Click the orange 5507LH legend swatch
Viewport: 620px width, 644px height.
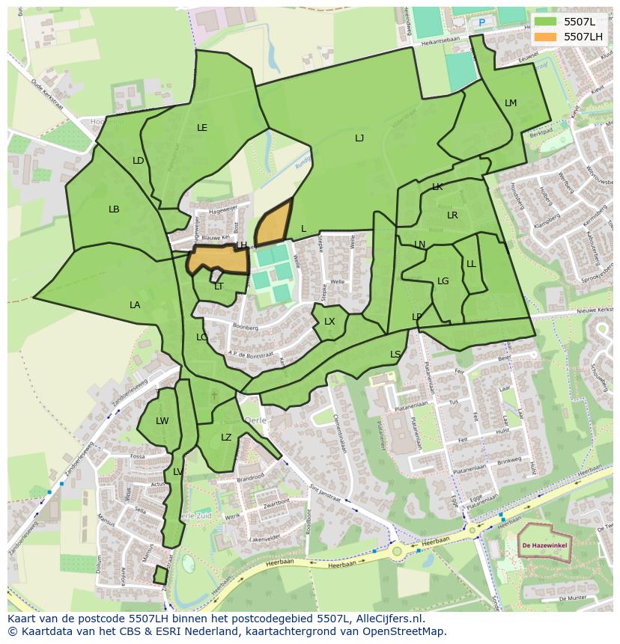(x=546, y=36)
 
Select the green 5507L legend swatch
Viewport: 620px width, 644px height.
(x=546, y=22)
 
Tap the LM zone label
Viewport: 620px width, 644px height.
(x=511, y=103)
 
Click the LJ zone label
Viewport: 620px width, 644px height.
(x=359, y=138)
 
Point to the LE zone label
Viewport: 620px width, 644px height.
(x=202, y=128)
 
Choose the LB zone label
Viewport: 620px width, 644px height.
(x=114, y=209)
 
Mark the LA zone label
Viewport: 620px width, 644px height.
(x=135, y=305)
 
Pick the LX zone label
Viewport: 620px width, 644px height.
(x=329, y=322)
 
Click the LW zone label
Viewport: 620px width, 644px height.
(x=162, y=421)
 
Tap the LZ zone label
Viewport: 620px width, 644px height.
(x=226, y=438)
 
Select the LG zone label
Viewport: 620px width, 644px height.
(x=443, y=281)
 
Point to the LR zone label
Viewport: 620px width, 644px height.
(x=452, y=215)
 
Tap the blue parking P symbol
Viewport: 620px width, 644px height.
(x=481, y=22)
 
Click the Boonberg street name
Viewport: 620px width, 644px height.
(x=246, y=328)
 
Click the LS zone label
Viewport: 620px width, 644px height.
(x=395, y=355)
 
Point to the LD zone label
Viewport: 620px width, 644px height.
(x=139, y=161)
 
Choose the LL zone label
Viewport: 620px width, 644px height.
(x=471, y=264)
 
